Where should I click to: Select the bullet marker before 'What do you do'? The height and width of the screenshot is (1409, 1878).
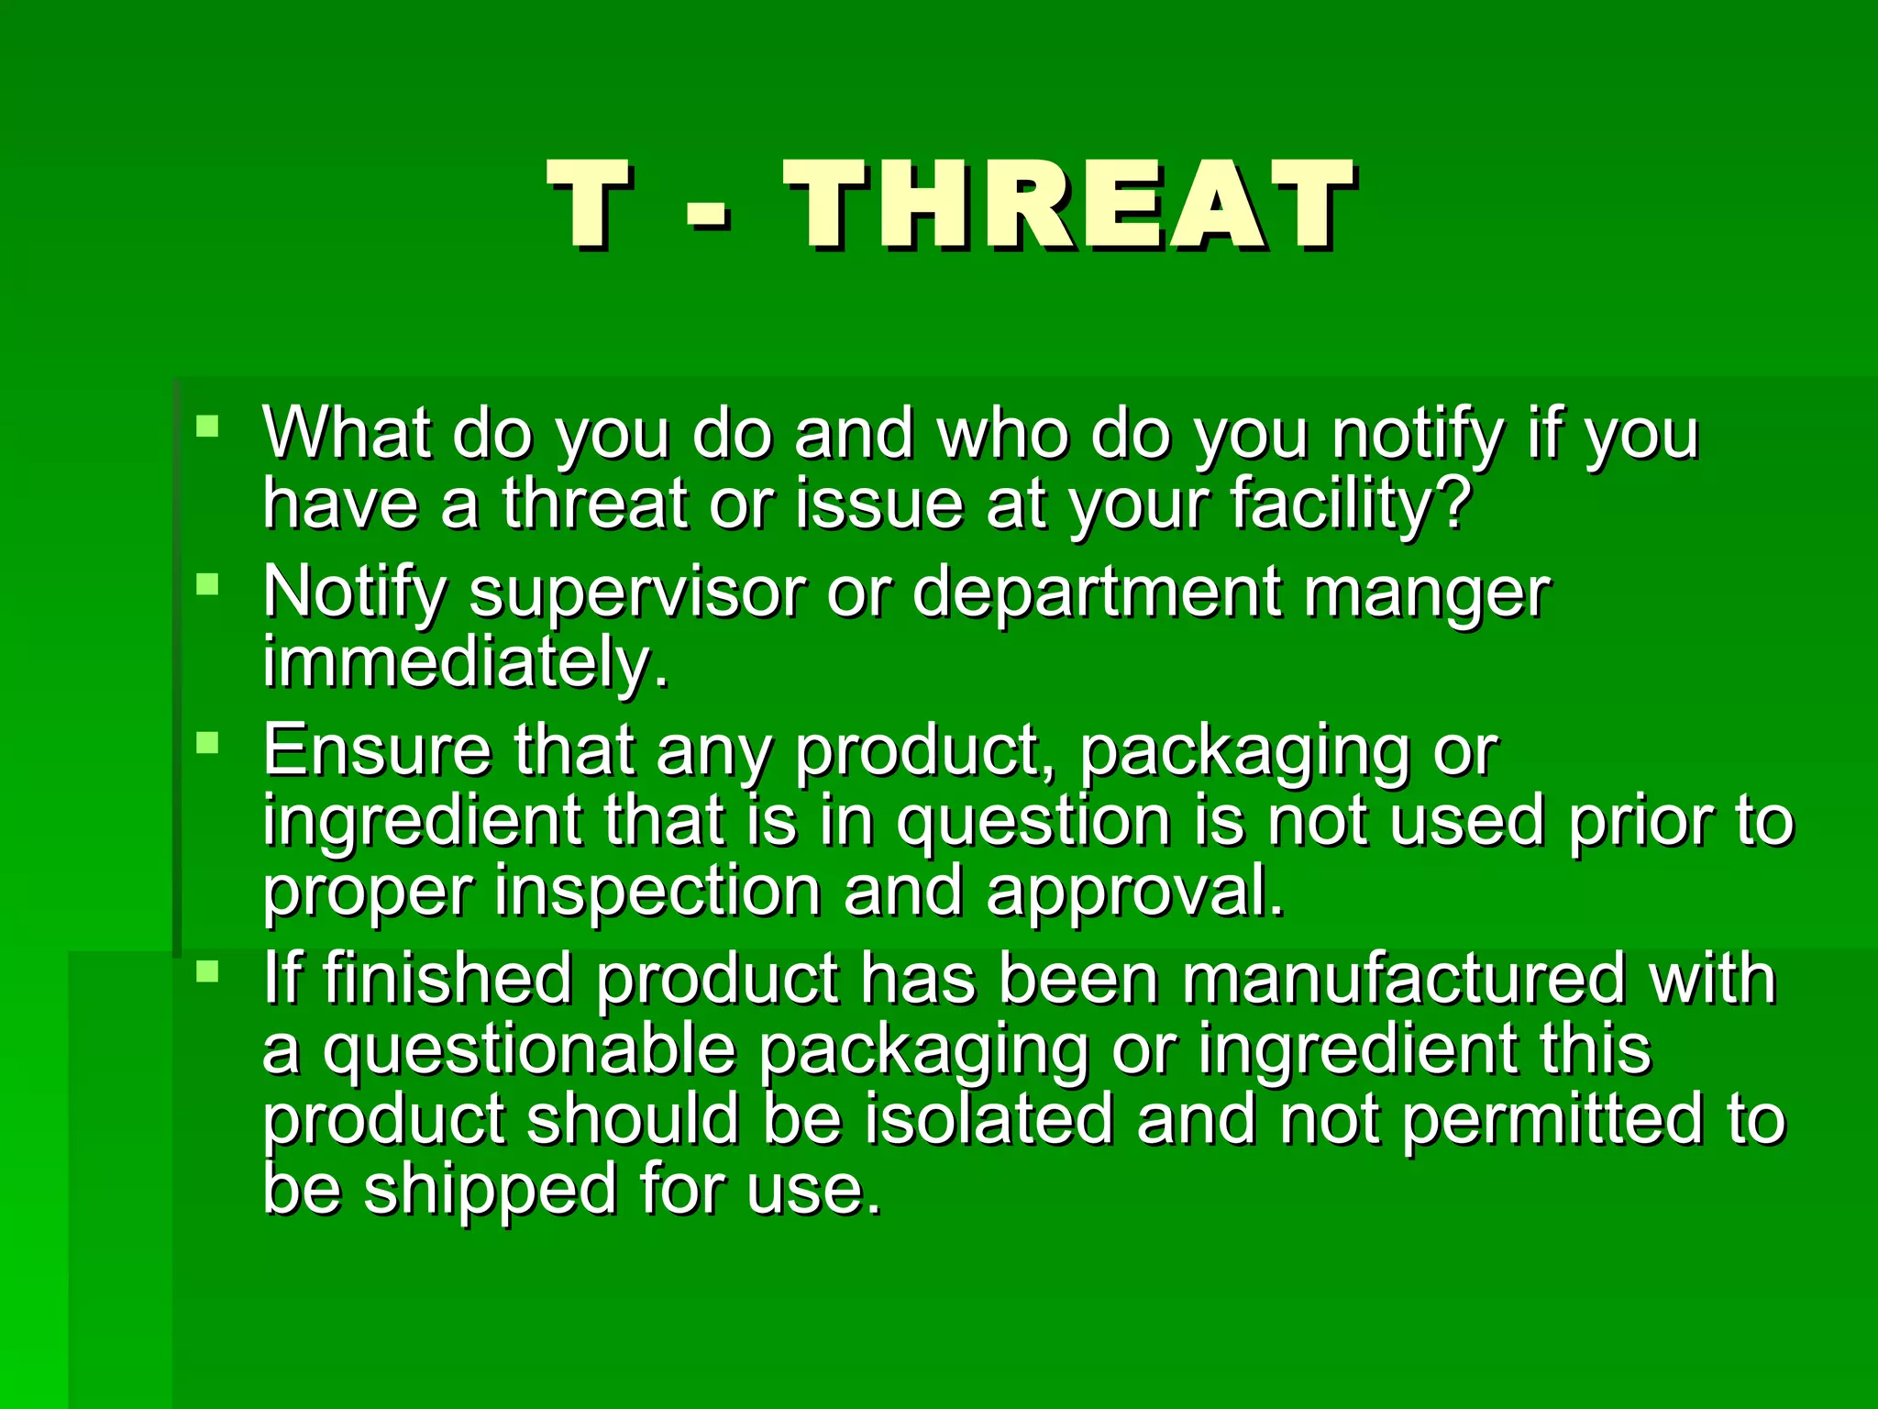[208, 426]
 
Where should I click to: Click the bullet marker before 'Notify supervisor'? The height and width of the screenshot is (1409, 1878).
[208, 584]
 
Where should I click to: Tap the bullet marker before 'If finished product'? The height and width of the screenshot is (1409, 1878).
[208, 971]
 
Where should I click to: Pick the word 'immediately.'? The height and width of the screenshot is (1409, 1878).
[466, 662]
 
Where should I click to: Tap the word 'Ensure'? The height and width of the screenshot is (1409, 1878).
[377, 750]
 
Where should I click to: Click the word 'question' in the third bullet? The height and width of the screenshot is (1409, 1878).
[1033, 822]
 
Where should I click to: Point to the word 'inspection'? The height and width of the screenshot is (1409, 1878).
[657, 892]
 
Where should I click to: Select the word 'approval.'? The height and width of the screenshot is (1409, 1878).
[1135, 892]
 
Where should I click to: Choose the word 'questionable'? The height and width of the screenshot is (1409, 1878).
[529, 1049]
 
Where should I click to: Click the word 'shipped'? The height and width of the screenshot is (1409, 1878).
[491, 1189]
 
